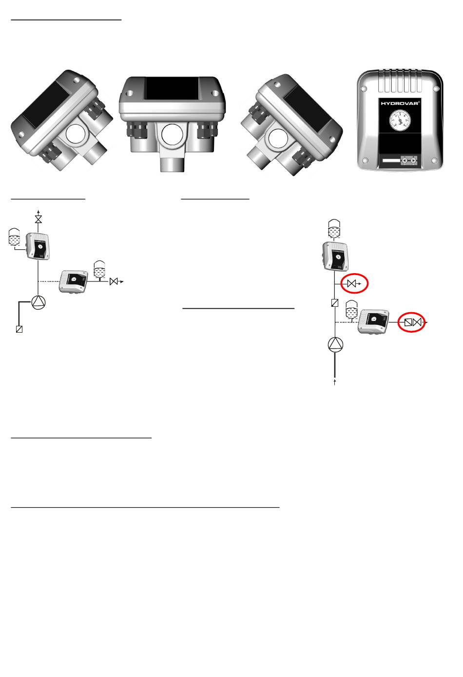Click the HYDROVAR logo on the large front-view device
pyautogui.click(x=400, y=103)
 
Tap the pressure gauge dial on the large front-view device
pyautogui.click(x=400, y=120)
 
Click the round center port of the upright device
pyautogui.click(x=173, y=135)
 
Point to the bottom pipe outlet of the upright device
pyautogui.click(x=172, y=161)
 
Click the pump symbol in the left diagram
pyautogui.click(x=39, y=302)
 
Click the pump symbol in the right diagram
pyautogui.click(x=335, y=345)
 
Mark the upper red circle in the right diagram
pyautogui.click(x=355, y=283)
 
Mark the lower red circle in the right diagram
pyautogui.click(x=411, y=322)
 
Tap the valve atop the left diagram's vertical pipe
pyautogui.click(x=39, y=219)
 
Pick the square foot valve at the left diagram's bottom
pyautogui.click(x=19, y=329)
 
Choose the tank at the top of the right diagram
pyautogui.click(x=334, y=228)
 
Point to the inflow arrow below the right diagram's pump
pyautogui.click(x=335, y=382)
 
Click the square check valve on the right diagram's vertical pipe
pyautogui.click(x=335, y=303)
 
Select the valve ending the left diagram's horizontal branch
pyautogui.click(x=114, y=282)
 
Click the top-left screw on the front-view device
pyautogui.click(x=364, y=89)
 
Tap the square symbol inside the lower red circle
pyautogui.click(x=408, y=322)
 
